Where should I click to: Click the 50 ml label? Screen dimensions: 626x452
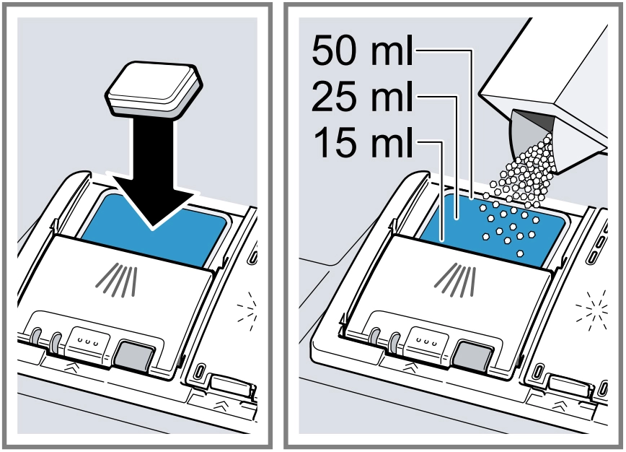pyautogui.click(x=362, y=51)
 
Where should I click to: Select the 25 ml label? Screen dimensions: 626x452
pyautogui.click(x=362, y=96)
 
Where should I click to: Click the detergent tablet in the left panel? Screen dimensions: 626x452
pyautogui.click(x=154, y=90)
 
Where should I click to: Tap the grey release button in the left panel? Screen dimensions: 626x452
pyautogui.click(x=134, y=354)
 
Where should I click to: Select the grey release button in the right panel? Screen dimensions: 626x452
pyautogui.click(x=472, y=355)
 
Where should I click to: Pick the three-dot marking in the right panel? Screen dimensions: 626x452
pyautogui.click(x=425, y=342)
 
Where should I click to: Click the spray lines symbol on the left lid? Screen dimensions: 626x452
pyautogui.click(x=117, y=280)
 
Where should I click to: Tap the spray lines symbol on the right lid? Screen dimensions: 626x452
pyautogui.click(x=455, y=280)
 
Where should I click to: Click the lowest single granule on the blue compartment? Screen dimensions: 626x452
pyautogui.click(x=520, y=253)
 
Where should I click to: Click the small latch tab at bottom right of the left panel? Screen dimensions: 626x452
pyautogui.click(x=232, y=384)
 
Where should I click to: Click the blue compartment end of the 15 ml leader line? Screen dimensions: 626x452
pyautogui.click(x=442, y=240)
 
